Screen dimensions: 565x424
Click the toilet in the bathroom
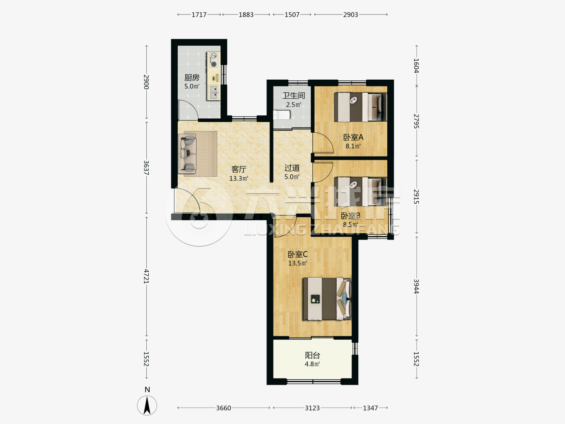point(282,115)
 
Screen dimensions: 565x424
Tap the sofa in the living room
point(188,154)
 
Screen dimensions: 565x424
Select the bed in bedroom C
point(327,299)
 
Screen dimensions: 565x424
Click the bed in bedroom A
point(360,107)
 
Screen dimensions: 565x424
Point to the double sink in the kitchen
point(214,92)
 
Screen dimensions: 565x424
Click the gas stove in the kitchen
point(214,60)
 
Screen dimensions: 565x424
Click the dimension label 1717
point(199,15)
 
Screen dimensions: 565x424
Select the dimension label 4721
point(146,276)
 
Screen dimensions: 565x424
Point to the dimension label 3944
point(416,286)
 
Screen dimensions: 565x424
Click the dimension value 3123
point(312,408)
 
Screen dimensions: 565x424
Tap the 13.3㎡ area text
point(239,178)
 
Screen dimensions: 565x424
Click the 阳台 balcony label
point(312,355)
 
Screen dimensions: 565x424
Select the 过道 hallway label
point(292,168)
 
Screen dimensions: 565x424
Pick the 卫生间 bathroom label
point(294,95)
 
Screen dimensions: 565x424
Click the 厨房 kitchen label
point(192,77)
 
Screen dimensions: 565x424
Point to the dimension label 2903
point(351,15)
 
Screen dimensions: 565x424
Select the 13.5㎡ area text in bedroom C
point(297,263)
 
